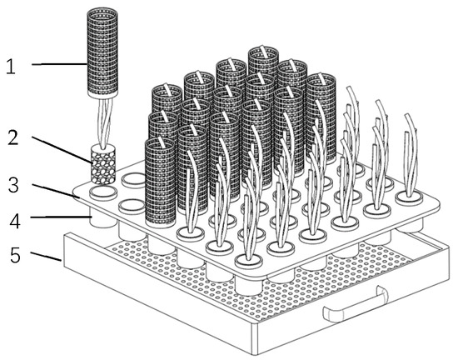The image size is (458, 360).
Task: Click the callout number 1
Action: (11, 67)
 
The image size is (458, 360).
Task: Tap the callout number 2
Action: (12, 137)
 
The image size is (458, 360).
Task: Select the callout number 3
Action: (13, 185)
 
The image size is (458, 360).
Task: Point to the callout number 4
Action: (15, 221)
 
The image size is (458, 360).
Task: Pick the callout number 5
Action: (16, 255)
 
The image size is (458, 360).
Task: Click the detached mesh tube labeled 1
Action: (102, 52)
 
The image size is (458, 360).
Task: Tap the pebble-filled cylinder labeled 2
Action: (103, 164)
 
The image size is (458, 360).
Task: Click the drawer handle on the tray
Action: (356, 305)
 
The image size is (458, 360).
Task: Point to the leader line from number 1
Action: (59, 64)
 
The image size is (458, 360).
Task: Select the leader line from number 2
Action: (62, 150)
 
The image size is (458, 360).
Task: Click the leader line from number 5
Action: (46, 256)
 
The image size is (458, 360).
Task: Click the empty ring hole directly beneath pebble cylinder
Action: (103, 192)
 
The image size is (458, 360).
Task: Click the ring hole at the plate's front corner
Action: (249, 261)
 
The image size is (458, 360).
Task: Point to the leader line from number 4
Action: (61, 217)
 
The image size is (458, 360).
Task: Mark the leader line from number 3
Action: (56, 191)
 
